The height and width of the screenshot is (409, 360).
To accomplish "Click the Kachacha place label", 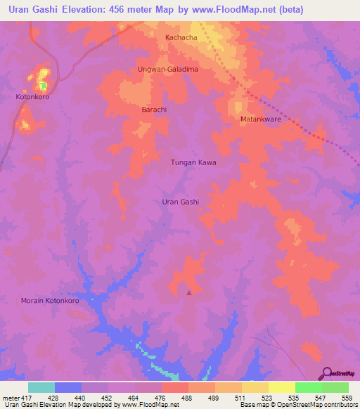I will click(181, 37).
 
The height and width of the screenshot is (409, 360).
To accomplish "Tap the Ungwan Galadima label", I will click(167, 70).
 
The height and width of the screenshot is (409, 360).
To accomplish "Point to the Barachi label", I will click(154, 110).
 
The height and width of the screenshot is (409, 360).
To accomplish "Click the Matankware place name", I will click(261, 119).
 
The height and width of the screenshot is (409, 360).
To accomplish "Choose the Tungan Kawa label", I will click(193, 162).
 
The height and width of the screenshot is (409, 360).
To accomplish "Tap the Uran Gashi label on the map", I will click(181, 202).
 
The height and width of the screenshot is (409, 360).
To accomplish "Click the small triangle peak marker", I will click(188, 292).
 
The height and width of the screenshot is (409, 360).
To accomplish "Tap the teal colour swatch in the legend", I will click(41, 387).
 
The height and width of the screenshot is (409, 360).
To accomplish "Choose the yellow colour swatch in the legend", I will click(282, 387).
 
